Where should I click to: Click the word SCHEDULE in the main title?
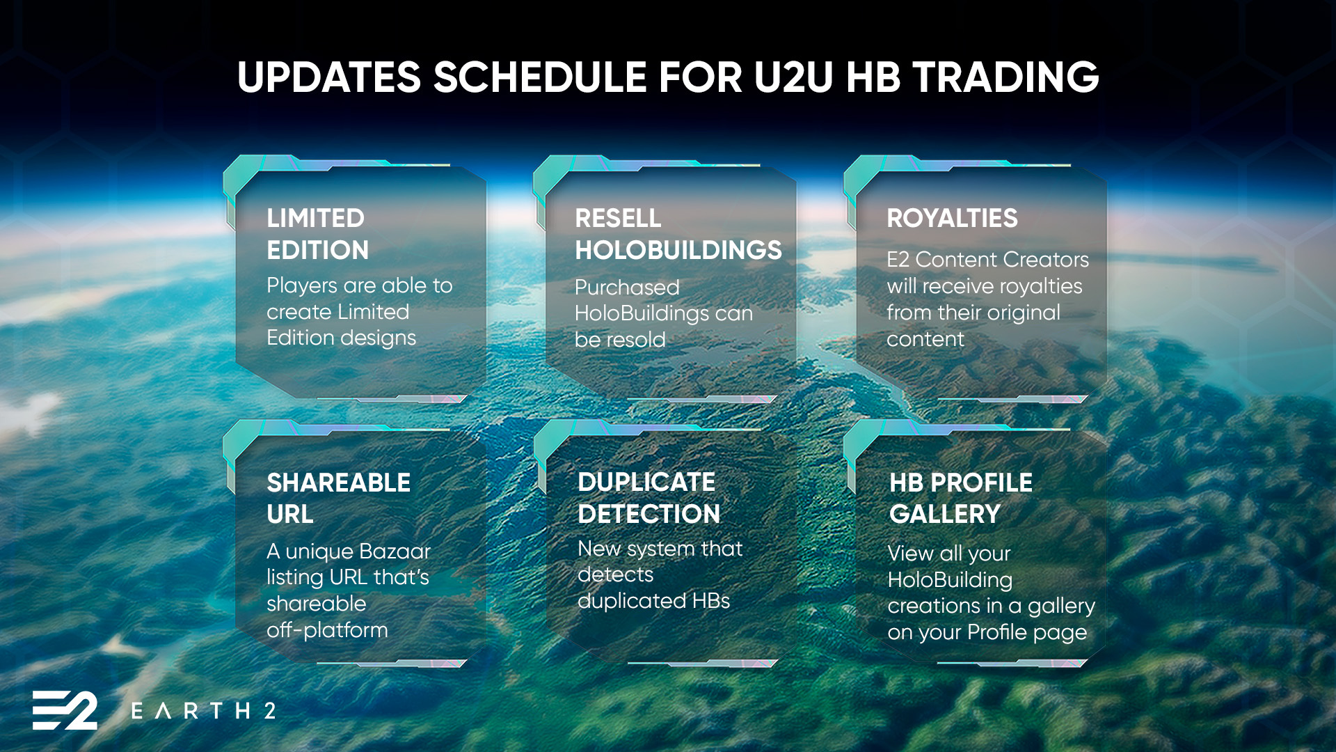pos(540,77)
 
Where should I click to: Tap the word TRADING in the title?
pos(1006,77)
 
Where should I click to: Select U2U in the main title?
pos(793,77)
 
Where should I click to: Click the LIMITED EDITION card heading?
pos(318,234)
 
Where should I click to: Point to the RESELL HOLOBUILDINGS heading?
pos(678,234)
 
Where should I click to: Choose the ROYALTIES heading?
pos(952,218)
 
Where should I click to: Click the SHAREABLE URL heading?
pos(339,498)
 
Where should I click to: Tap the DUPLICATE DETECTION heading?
pos(649,498)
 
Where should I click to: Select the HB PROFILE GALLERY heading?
pos(961,498)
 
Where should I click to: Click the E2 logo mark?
pos(65,710)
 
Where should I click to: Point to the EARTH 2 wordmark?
pos(203,711)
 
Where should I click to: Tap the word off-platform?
pos(327,630)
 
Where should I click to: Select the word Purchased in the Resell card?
pos(627,287)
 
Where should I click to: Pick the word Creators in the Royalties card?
pos(1046,260)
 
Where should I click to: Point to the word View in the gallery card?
pos(910,554)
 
